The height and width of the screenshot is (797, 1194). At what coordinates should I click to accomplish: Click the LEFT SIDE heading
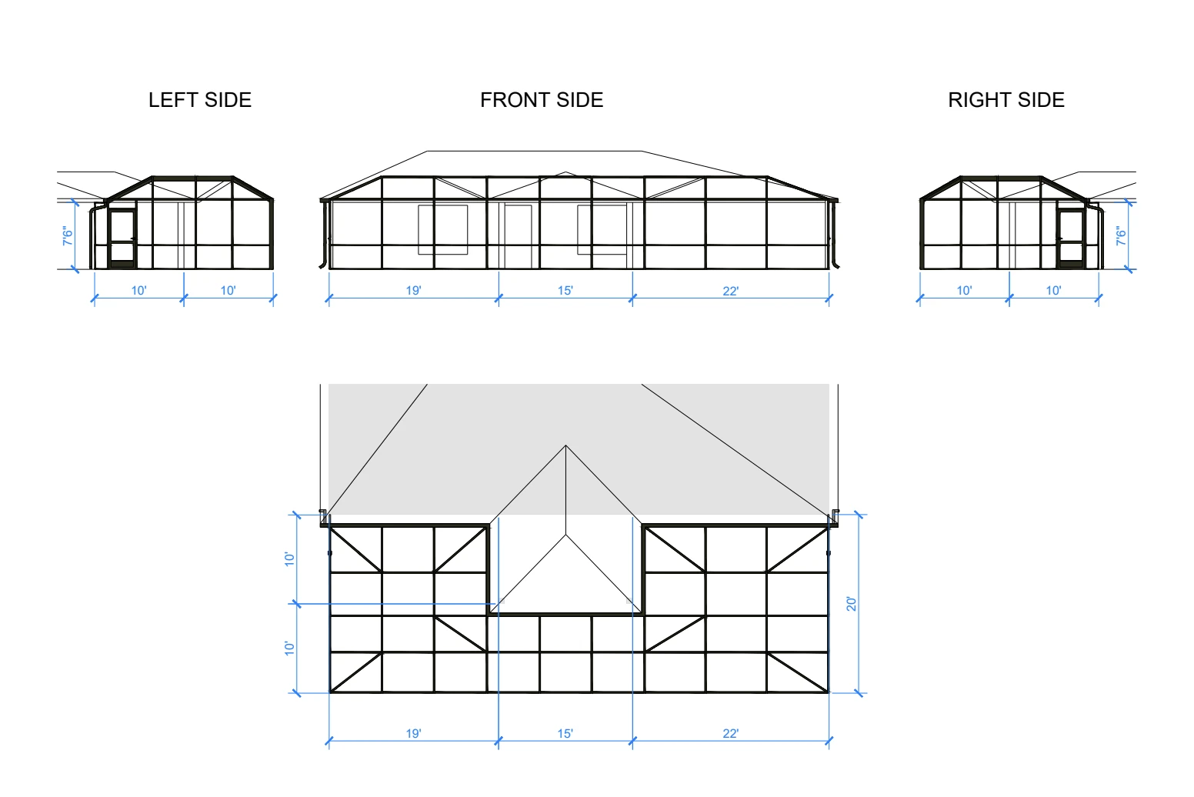(200, 100)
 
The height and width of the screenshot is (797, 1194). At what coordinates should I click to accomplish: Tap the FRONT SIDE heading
(542, 100)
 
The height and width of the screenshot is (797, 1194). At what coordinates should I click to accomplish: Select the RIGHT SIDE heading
(1006, 100)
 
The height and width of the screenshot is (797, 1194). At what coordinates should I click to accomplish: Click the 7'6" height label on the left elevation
(68, 235)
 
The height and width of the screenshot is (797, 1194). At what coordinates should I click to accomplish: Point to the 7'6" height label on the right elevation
(1121, 235)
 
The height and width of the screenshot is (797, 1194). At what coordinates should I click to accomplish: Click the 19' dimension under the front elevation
(414, 291)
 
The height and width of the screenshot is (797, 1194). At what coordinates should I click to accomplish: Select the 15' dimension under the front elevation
(565, 291)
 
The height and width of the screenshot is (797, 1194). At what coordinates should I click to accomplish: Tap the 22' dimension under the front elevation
(731, 291)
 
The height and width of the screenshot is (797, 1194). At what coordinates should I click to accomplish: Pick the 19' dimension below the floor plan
(414, 734)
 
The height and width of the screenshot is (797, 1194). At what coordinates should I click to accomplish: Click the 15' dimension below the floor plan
(565, 734)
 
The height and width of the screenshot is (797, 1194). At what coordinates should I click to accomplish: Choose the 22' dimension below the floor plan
(731, 734)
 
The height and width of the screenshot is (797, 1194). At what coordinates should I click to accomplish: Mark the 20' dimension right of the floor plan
(851, 604)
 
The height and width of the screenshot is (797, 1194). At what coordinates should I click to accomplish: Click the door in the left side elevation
(122, 238)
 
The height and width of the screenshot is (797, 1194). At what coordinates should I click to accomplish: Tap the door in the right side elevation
(1071, 238)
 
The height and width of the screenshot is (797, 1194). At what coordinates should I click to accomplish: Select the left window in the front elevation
(443, 230)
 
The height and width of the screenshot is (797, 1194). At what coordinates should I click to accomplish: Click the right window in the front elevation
(602, 230)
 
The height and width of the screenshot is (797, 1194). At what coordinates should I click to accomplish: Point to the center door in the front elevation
(518, 237)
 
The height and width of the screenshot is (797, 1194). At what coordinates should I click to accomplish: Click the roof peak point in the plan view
(565, 445)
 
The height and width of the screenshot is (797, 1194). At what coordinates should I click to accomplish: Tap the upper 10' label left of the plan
(289, 559)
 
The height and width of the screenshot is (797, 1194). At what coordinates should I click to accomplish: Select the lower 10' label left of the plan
(289, 649)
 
